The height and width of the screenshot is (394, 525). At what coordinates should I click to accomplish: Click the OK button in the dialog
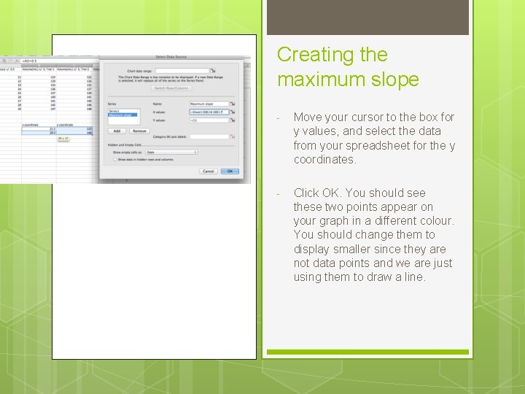point(230,171)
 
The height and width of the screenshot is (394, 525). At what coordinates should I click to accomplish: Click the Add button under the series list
point(117,131)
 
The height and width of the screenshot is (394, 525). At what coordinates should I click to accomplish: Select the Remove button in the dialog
point(139,131)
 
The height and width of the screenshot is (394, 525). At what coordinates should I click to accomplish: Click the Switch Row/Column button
point(171,88)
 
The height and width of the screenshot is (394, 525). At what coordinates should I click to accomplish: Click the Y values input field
point(209,120)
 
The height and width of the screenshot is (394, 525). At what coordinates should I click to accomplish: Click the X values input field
point(209,112)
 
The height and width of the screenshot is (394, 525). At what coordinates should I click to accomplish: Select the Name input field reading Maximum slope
point(209,104)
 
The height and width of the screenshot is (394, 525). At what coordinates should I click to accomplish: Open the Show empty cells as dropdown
point(171,152)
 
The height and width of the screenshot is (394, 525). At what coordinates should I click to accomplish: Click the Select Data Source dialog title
point(171,57)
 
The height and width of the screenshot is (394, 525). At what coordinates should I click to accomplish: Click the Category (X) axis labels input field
point(209,136)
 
